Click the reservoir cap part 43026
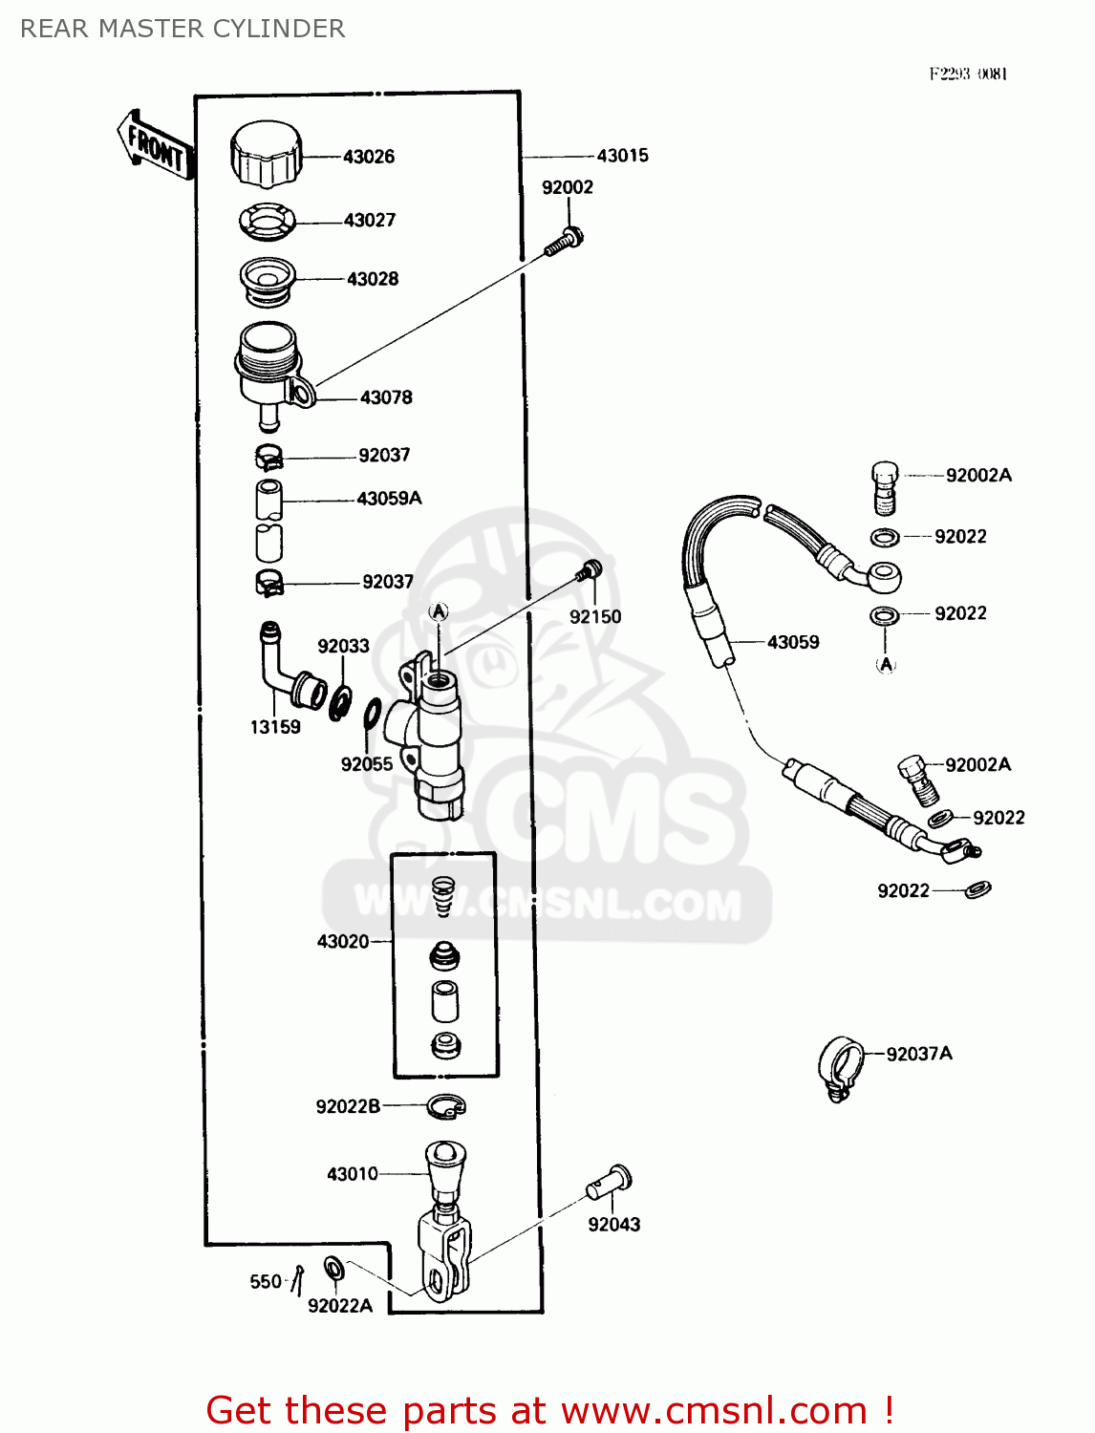coord(266,155)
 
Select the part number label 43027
coord(370,221)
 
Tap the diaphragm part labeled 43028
coord(267,279)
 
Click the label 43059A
coord(389,499)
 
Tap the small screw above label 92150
coord(589,571)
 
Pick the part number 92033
coord(343,647)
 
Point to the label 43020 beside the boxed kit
coord(342,942)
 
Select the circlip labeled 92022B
coord(445,1106)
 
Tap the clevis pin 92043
coord(609,1182)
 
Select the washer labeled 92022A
coord(333,1270)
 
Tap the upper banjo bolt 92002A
coord(885,486)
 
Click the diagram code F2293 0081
coord(968,75)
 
